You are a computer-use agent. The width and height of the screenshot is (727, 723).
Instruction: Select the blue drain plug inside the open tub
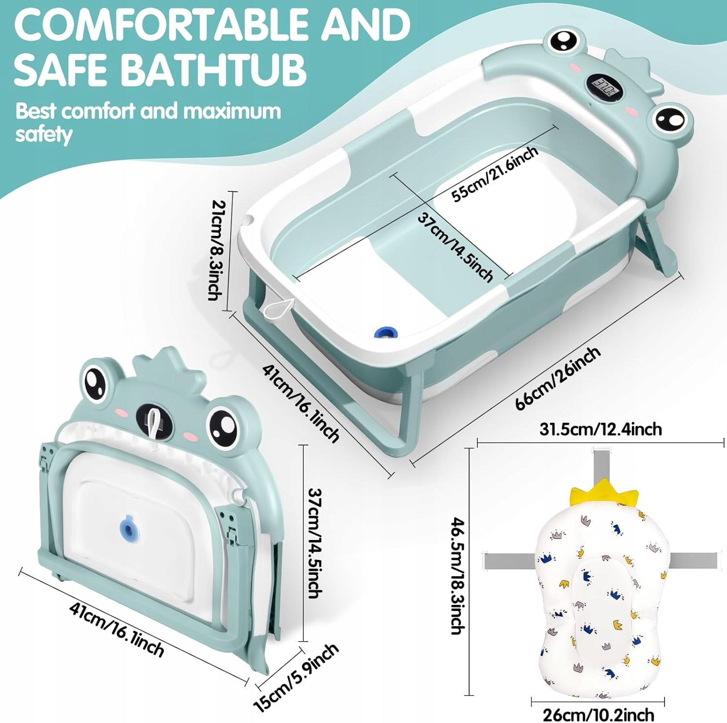point(386,332)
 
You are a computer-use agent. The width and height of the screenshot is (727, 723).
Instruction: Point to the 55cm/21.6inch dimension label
point(495,173)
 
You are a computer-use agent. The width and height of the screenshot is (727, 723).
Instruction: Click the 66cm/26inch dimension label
point(557,378)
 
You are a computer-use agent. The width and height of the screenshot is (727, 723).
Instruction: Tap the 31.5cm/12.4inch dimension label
point(601,429)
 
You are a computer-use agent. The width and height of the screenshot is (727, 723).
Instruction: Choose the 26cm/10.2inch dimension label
point(598,714)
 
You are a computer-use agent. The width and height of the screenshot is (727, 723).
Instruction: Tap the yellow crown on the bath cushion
point(604,493)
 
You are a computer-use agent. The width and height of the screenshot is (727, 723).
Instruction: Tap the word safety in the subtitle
point(44,134)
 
